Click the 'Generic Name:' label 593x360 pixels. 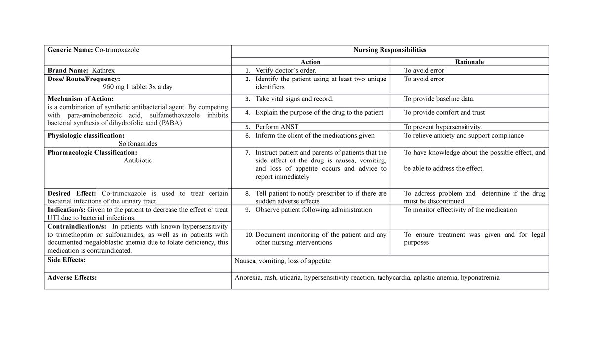click(66, 50)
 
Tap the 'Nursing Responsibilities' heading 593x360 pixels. click(390, 50)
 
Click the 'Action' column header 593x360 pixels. click(310, 62)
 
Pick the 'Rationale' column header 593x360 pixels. click(469, 62)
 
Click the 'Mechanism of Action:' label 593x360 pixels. click(78, 99)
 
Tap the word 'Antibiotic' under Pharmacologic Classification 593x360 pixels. click(138, 160)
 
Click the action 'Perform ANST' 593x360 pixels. click(277, 127)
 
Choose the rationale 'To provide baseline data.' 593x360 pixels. click(439, 99)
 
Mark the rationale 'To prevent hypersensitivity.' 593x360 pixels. click(443, 127)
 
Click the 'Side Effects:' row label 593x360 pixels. click(66, 260)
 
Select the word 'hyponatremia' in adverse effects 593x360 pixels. click(480, 277)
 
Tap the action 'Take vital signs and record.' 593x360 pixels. click(294, 99)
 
